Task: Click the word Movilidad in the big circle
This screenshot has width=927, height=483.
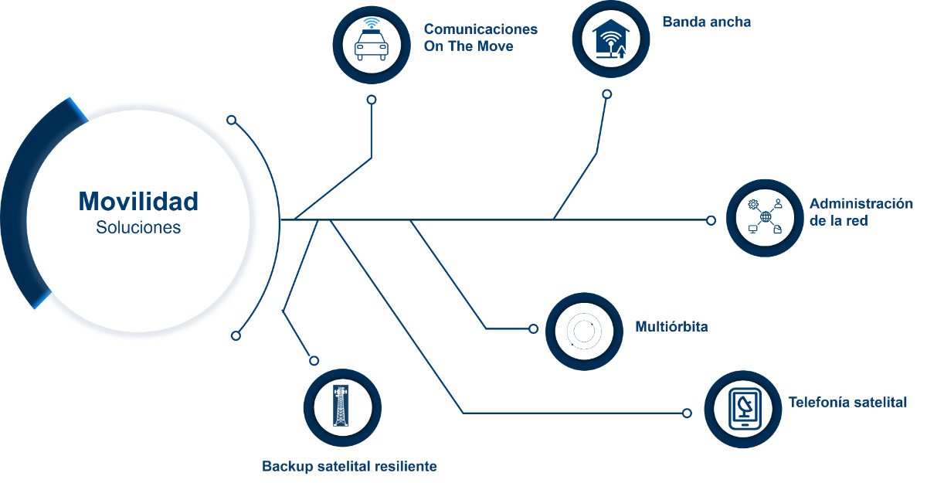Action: pyautogui.click(x=138, y=202)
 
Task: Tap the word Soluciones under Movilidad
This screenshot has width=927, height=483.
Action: pyautogui.click(x=138, y=228)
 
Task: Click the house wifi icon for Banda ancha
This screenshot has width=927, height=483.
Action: pyautogui.click(x=611, y=39)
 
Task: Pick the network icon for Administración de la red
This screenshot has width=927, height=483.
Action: pyautogui.click(x=766, y=217)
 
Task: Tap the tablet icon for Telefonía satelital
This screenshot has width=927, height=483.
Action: pyautogui.click(x=744, y=410)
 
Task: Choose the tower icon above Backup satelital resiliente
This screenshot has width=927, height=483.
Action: pyautogui.click(x=341, y=406)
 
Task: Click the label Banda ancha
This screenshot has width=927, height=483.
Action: pyautogui.click(x=706, y=22)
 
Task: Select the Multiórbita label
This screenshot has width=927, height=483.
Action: pyautogui.click(x=671, y=327)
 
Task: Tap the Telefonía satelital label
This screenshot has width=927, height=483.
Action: pyautogui.click(x=847, y=402)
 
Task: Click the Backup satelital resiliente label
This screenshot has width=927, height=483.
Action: pyautogui.click(x=349, y=466)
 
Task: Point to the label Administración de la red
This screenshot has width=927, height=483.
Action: pyautogui.click(x=861, y=212)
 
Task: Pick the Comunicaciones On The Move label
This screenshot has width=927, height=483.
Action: pyautogui.click(x=480, y=37)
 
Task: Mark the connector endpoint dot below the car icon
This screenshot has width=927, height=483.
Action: pyautogui.click(x=372, y=100)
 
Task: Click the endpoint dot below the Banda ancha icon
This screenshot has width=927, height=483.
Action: pyautogui.click(x=606, y=94)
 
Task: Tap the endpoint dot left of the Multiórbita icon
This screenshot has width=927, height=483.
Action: pyautogui.click(x=533, y=328)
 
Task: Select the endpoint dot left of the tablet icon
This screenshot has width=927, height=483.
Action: pyautogui.click(x=687, y=413)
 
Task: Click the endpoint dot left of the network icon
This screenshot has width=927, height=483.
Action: pyautogui.click(x=711, y=220)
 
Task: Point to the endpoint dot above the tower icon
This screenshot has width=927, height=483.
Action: pyautogui.click(x=314, y=360)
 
